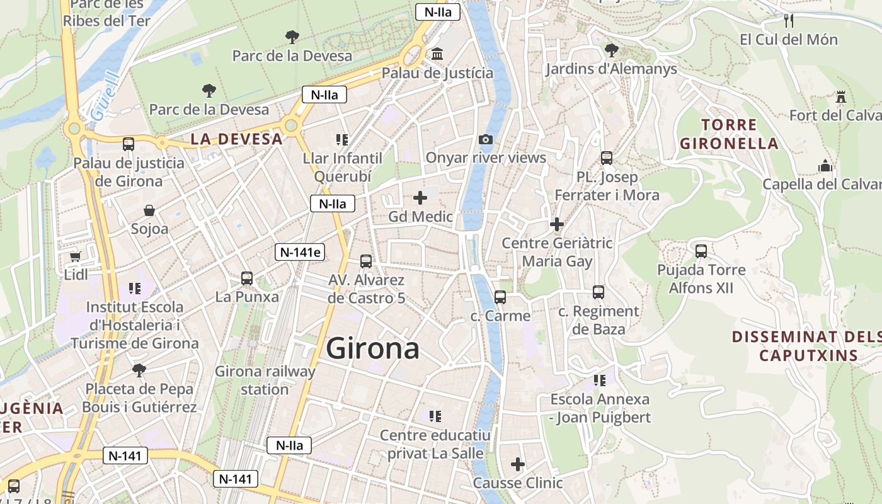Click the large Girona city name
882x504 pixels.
pyautogui.click(x=373, y=348)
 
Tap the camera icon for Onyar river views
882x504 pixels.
pyautogui.click(x=486, y=139)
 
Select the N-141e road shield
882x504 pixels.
pyautogui.click(x=301, y=253)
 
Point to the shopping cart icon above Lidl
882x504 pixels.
pyautogui.click(x=76, y=256)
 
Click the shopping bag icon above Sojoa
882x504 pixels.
pyautogui.click(x=149, y=210)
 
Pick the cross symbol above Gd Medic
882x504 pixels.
pyautogui.click(x=420, y=198)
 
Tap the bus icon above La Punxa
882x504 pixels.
pyautogui.click(x=247, y=278)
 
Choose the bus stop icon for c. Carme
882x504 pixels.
pyautogui.click(x=500, y=297)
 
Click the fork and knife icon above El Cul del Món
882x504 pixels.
pyautogui.click(x=788, y=21)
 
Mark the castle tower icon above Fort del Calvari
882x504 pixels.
pyautogui.click(x=840, y=97)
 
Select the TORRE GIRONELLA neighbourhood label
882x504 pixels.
pyautogui.click(x=729, y=134)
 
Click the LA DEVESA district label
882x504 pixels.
pyautogui.click(x=236, y=139)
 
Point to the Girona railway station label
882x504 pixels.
pyautogui.click(x=265, y=380)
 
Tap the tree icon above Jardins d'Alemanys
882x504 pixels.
pyautogui.click(x=610, y=50)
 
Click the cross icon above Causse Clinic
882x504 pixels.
pyautogui.click(x=517, y=465)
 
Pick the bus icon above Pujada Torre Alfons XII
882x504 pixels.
pyautogui.click(x=701, y=251)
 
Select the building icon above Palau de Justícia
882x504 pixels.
pyautogui.click(x=437, y=55)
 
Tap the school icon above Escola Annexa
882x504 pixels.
pyautogui.click(x=599, y=380)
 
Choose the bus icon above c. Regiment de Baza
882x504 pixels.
pyautogui.click(x=598, y=292)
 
